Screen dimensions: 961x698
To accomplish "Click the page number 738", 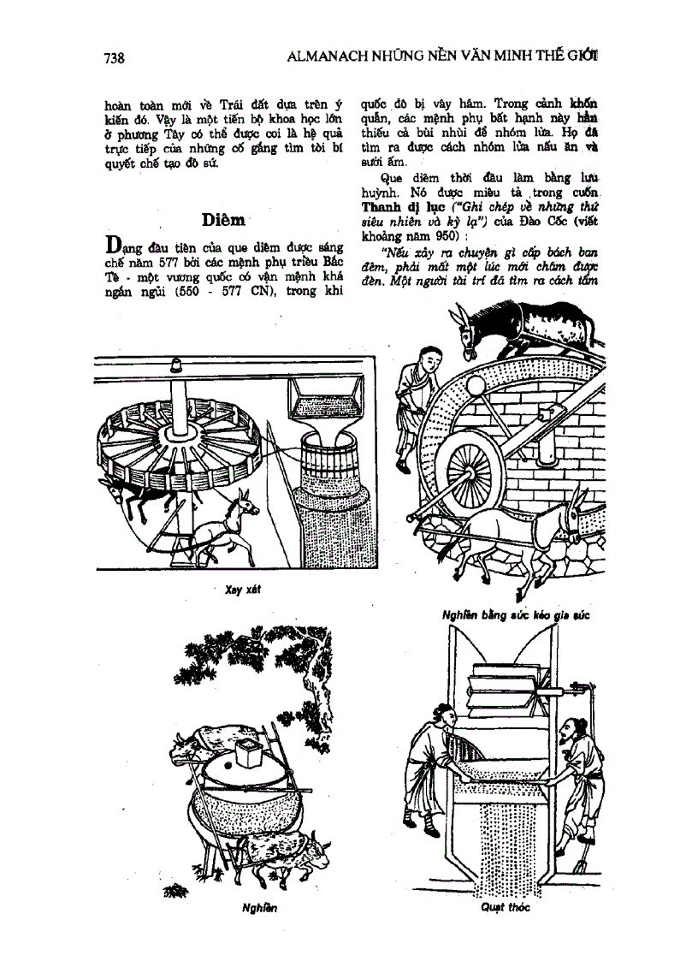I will [x=114, y=58].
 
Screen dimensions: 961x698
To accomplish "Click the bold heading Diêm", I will [x=225, y=220].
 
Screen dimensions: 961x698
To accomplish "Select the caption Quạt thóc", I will [x=506, y=908].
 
